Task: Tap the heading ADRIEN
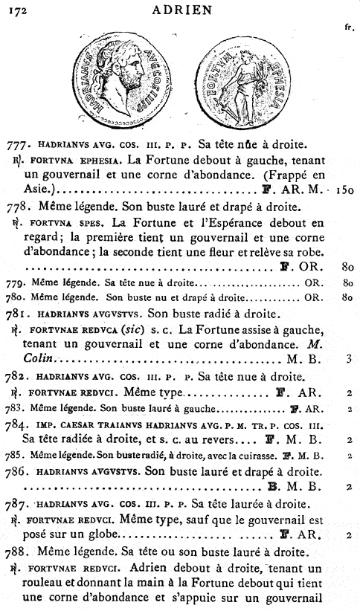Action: click(x=181, y=10)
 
